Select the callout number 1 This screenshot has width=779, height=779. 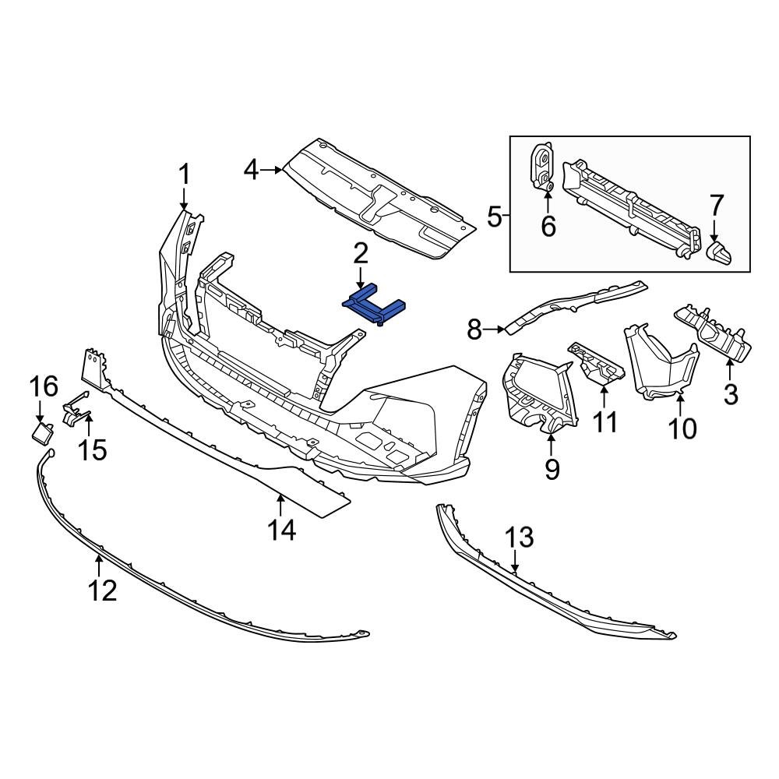[185, 174]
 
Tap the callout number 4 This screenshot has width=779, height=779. [250, 169]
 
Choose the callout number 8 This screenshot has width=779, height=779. [475, 330]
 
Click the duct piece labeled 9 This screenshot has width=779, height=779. [538, 393]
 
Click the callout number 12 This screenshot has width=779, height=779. [102, 590]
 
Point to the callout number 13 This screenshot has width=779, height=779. [520, 538]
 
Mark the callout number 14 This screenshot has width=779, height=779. [282, 530]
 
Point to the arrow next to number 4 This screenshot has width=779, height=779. [272, 169]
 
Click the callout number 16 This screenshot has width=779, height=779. [44, 386]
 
